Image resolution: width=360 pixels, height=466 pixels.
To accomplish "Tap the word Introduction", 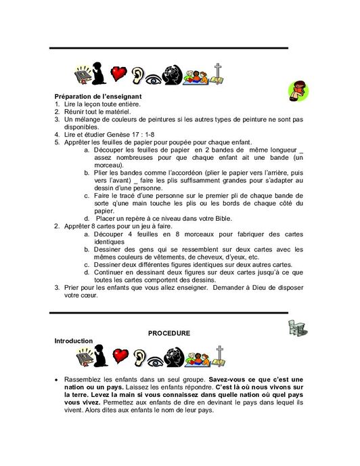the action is click(x=74, y=341).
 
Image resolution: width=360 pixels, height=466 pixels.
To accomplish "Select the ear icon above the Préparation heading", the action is click(x=139, y=75).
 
